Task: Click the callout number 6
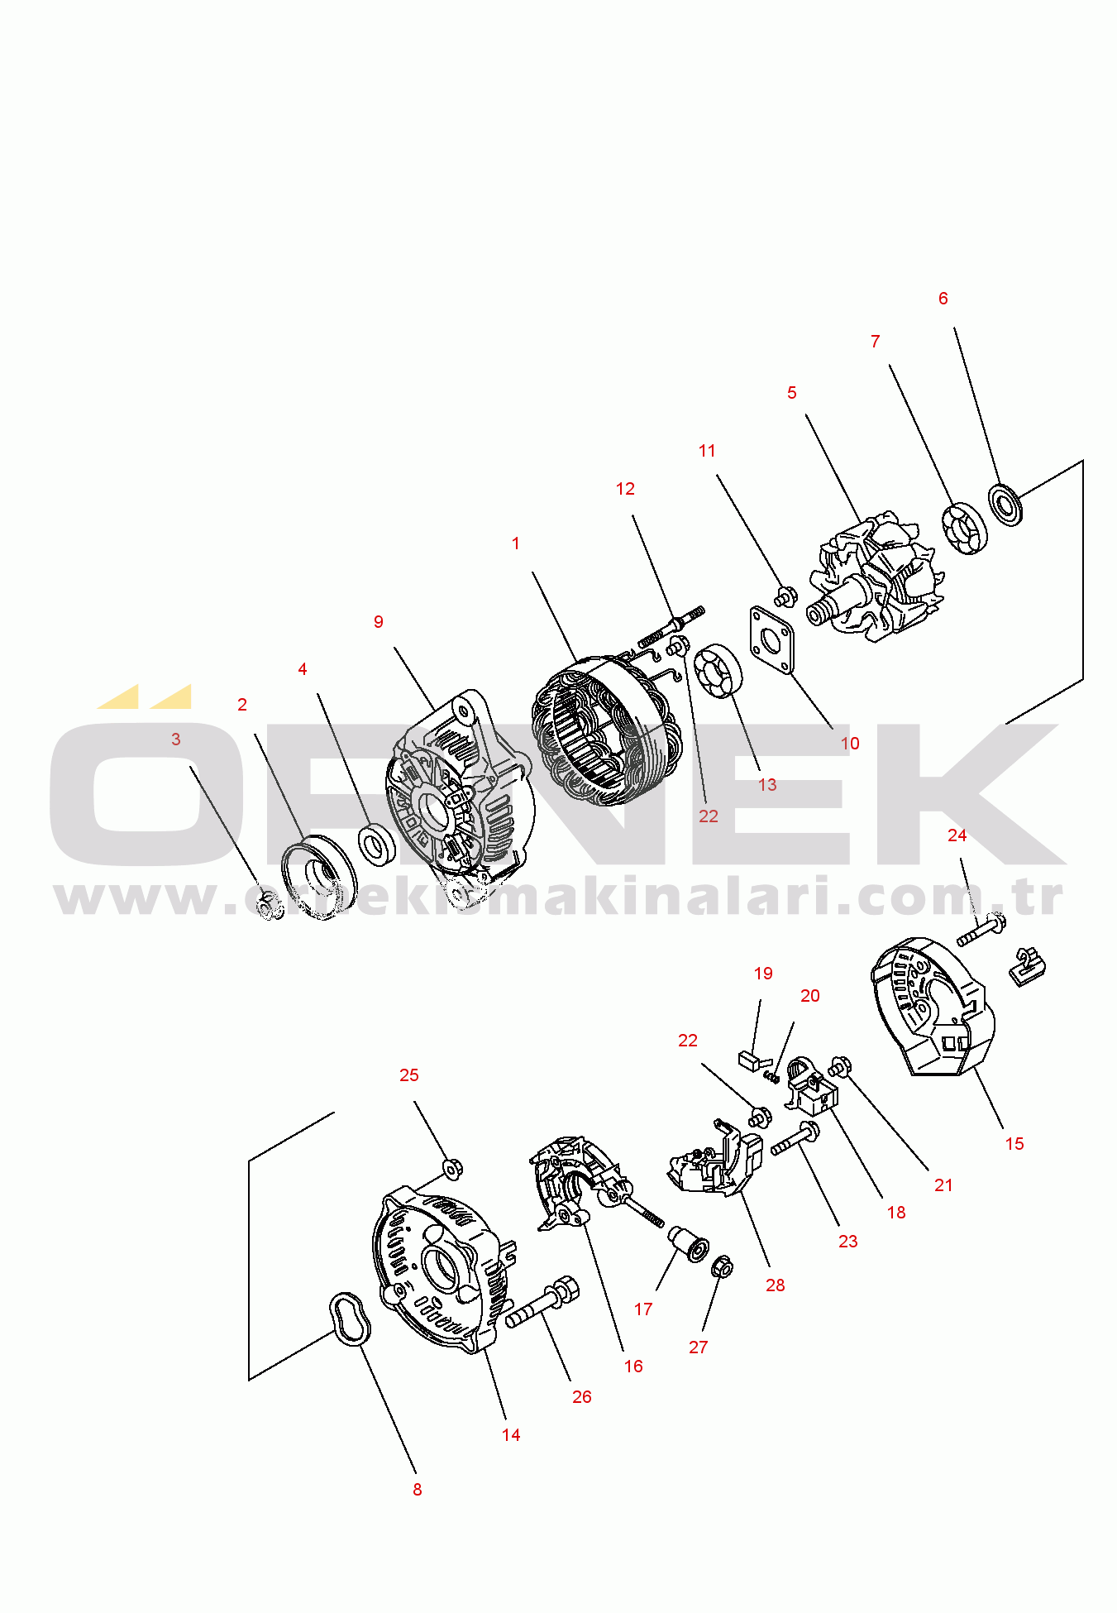pos(943,299)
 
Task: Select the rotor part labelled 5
pos(876,577)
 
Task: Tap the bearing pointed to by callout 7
pos(965,528)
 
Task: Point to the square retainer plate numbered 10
pos(771,640)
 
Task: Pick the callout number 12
pos(625,489)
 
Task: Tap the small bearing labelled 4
pos(377,845)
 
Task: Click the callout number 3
pos(175,739)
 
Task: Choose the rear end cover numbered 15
pos(933,1006)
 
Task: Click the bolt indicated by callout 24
pos(981,931)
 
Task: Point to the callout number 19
pos(763,974)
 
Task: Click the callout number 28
pos(775,1285)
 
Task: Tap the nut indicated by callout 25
pos(452,1169)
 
